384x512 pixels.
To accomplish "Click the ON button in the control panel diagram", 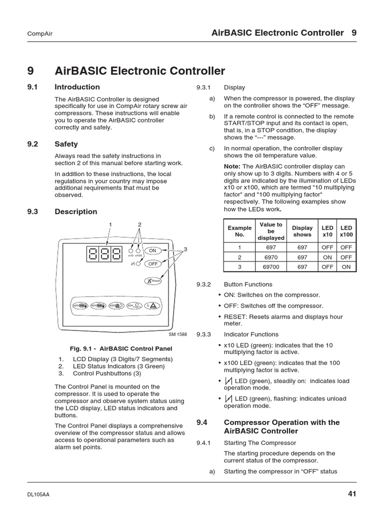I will pos(152,250).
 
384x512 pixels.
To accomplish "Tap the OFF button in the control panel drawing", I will pos(152,263).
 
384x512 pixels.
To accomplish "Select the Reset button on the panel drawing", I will pos(153,281).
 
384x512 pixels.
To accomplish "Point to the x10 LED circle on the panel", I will pos(131,249).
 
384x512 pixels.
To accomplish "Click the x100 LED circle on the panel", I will pos(138,249).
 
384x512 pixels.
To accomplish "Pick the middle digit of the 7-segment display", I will pos(104,253).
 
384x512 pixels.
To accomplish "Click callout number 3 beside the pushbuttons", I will pos(184,249).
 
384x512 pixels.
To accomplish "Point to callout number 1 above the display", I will pos(110,224).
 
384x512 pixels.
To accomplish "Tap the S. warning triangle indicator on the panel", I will pos(152,305).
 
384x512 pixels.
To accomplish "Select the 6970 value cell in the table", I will pos(270,256).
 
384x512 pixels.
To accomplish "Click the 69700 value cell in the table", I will pos(270,266).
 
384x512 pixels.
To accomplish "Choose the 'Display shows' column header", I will pos(302,231).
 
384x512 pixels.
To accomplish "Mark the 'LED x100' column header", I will pos(346,231).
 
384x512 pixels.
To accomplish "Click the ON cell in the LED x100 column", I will pos(346,266).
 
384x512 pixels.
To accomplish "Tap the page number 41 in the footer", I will pos(352,494).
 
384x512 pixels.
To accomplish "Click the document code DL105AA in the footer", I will pos(38,494).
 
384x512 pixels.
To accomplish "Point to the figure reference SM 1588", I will pos(178,334).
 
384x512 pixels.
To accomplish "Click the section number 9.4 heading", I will pos(201,422).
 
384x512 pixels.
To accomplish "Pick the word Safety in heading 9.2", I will pos(66,144).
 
